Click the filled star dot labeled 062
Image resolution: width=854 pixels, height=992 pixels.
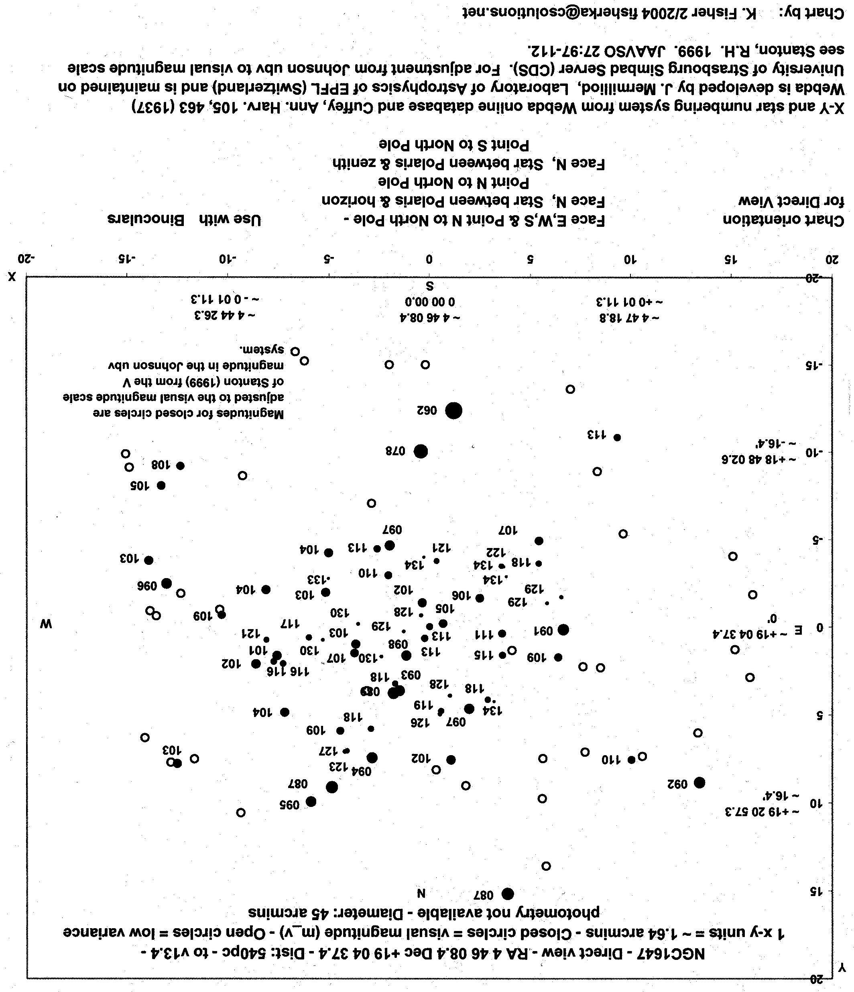pos(453,410)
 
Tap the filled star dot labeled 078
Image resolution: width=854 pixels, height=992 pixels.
pos(420,451)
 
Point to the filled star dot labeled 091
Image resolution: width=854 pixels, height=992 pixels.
pos(563,629)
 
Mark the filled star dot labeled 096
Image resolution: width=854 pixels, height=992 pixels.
pos(167,583)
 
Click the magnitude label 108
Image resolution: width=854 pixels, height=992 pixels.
pos(161,465)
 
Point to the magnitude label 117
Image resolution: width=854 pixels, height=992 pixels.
pos(289,624)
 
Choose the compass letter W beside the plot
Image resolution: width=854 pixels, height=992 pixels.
pos(46,624)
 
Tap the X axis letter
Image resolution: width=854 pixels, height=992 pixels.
pos(12,277)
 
